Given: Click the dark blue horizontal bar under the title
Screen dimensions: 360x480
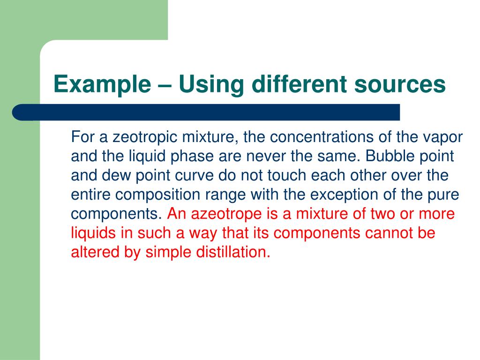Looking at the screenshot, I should tap(206, 112).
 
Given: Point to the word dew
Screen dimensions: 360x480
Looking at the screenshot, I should tap(114, 176).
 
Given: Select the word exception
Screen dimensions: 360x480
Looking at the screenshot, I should tap(347, 195).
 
